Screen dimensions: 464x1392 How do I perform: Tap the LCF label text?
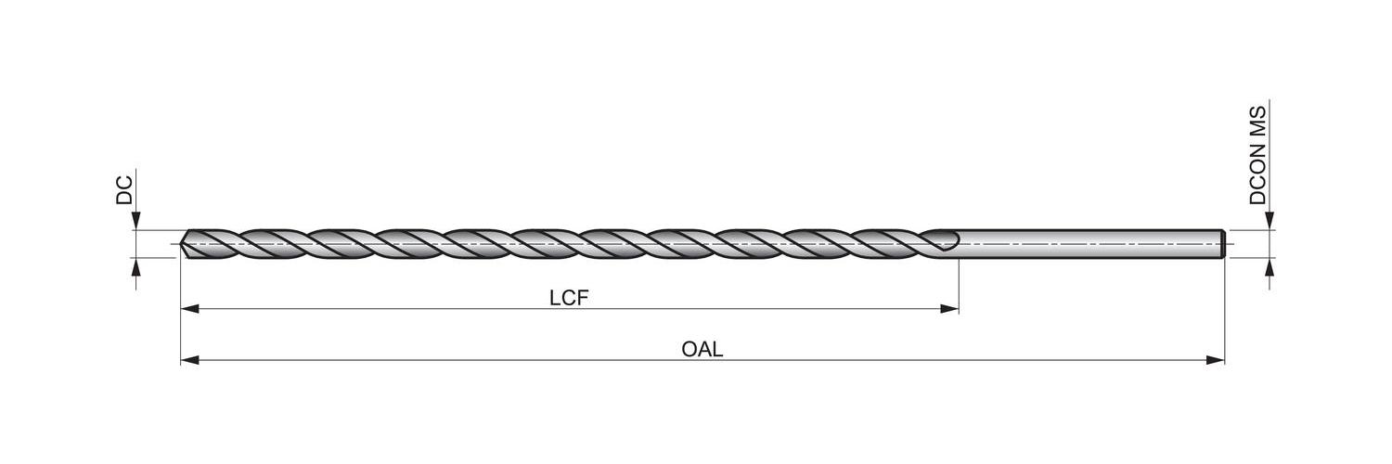[x=569, y=298]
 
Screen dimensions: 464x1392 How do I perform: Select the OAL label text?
[x=702, y=349]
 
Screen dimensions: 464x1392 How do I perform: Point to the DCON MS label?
[x=1257, y=155]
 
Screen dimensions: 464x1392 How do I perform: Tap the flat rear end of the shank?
[x=1224, y=243]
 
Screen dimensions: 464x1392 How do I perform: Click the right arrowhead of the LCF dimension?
[x=949, y=308]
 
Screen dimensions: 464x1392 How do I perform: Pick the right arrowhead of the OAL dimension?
[x=1216, y=359]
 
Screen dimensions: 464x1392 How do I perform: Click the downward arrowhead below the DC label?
[x=135, y=221]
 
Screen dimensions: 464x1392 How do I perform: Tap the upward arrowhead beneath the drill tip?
[x=135, y=266]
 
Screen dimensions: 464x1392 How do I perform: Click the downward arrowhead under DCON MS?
[x=1269, y=221]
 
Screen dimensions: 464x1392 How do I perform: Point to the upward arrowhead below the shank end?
[x=1269, y=266]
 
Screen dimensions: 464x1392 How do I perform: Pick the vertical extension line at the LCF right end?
[x=959, y=283]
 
